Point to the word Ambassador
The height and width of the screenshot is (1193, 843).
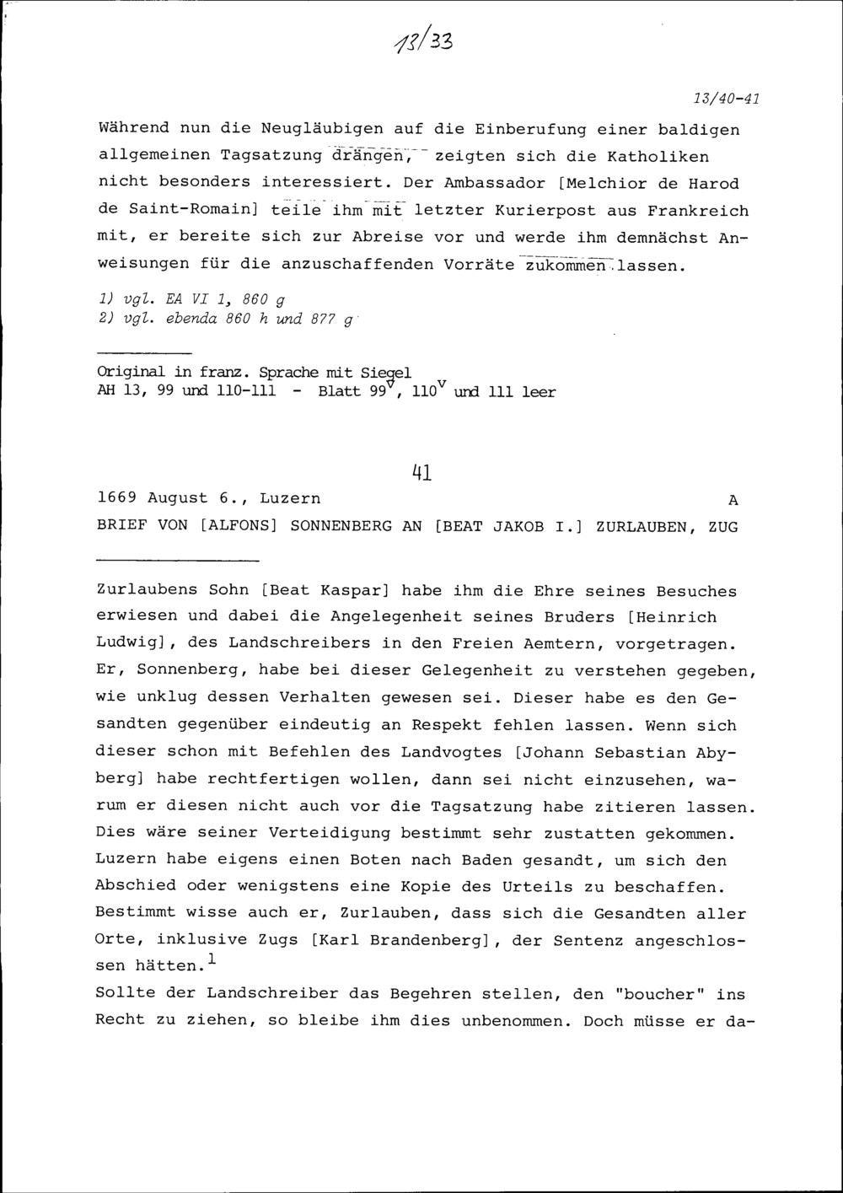click(x=483, y=183)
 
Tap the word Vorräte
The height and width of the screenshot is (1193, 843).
click(x=478, y=265)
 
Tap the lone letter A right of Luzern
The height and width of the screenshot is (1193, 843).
click(x=733, y=500)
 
